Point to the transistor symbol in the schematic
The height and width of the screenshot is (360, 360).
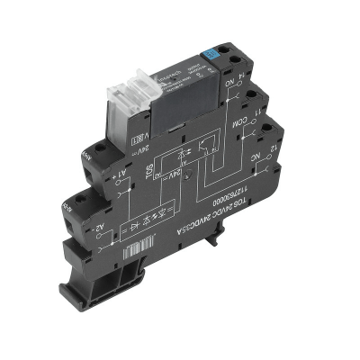click(x=212, y=144)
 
